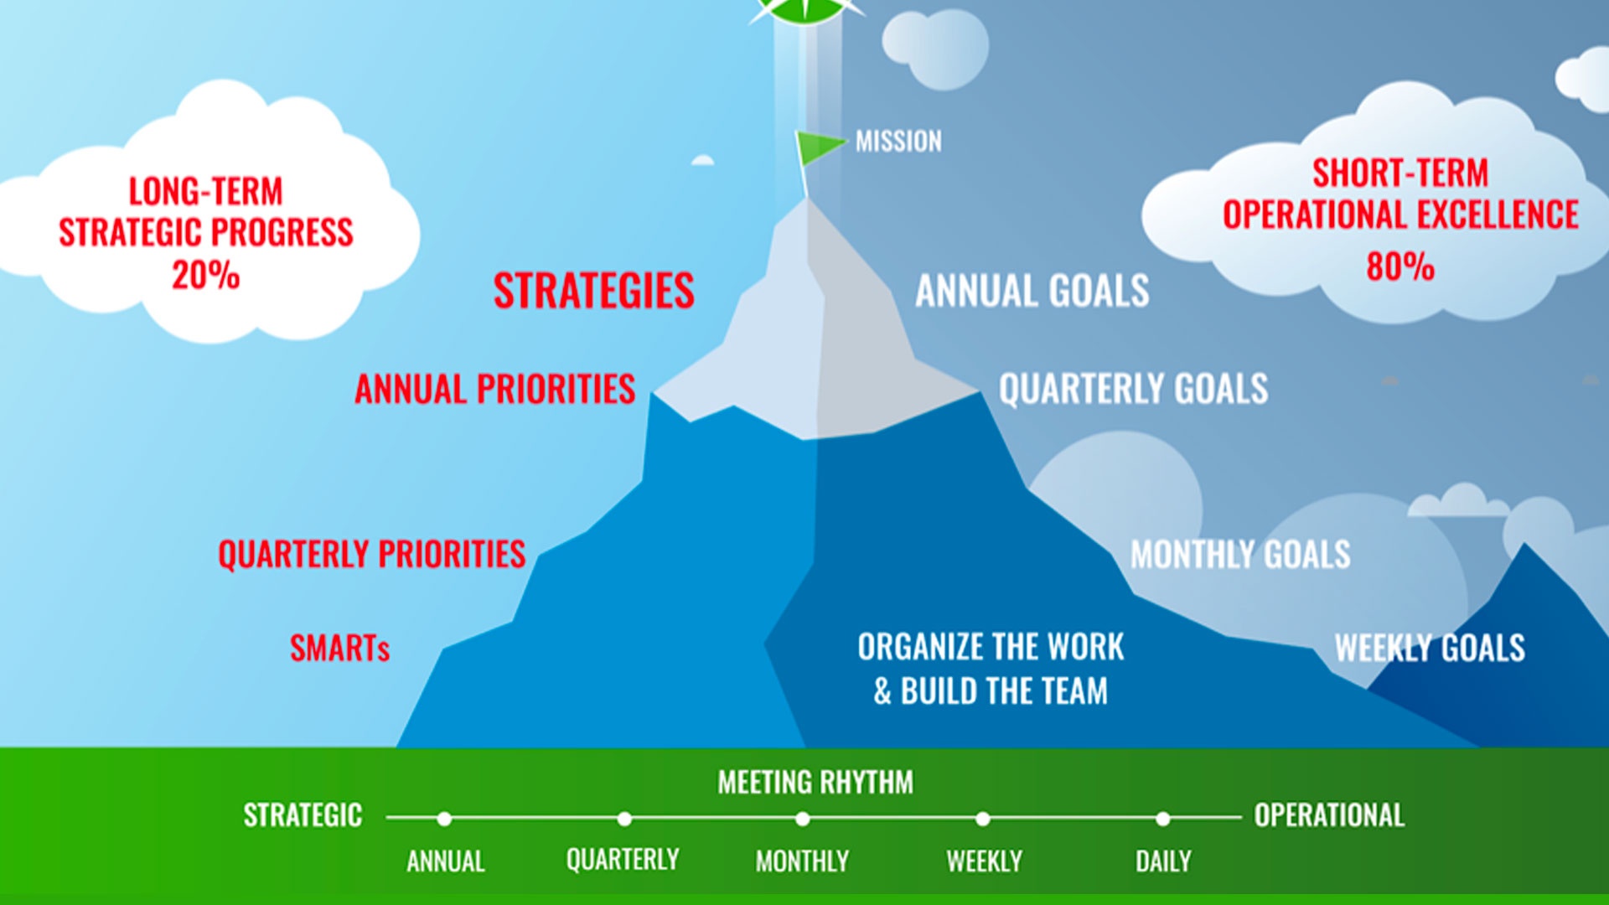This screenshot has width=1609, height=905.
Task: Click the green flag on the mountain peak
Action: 816,147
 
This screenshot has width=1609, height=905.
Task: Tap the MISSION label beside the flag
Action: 898,141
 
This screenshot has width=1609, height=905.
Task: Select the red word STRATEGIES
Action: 593,291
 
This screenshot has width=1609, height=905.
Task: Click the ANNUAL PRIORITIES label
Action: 494,390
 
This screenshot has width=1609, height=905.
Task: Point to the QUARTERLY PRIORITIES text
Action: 372,555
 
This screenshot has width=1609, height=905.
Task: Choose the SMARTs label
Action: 339,649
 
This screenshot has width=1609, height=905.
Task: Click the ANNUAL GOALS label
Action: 1032,292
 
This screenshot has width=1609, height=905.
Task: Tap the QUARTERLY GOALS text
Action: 1133,390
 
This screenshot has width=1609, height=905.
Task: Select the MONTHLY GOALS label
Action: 1240,555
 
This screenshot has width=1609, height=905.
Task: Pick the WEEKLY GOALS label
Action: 1430,649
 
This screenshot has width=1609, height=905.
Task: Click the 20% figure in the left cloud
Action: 206,275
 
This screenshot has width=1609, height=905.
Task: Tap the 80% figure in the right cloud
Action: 1400,266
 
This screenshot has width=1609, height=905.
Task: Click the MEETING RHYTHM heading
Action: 815,783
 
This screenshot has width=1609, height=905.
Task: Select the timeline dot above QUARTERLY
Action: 624,819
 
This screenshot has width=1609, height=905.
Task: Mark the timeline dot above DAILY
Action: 1162,819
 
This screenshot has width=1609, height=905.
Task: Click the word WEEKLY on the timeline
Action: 984,861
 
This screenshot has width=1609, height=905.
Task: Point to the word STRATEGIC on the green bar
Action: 303,815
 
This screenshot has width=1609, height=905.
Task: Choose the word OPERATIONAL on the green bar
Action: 1329,815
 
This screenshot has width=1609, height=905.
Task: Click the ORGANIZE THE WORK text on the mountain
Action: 991,648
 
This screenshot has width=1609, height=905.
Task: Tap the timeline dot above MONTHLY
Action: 803,819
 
